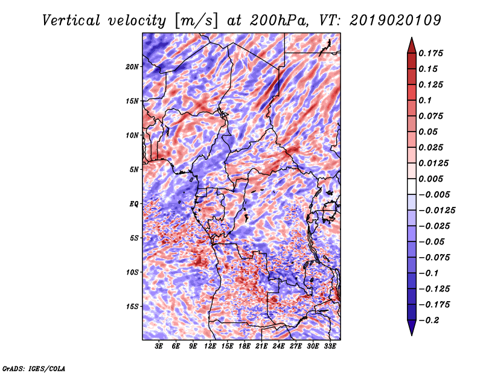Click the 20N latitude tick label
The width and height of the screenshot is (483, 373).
pyautogui.click(x=132, y=66)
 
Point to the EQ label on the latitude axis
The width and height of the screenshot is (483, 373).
pyautogui.click(x=134, y=203)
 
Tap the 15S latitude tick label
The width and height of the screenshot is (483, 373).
pyautogui.click(x=132, y=307)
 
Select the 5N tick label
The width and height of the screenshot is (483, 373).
pyautogui.click(x=134, y=170)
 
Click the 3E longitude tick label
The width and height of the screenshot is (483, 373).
pyautogui.click(x=159, y=346)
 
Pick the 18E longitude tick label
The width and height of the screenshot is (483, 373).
pyautogui.click(x=245, y=346)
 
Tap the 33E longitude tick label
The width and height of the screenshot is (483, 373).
pyautogui.click(x=330, y=346)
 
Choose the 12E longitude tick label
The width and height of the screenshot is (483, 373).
pyautogui.click(x=210, y=346)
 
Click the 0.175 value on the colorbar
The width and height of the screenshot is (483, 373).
pyautogui.click(x=430, y=53)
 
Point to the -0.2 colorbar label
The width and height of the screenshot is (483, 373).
pyautogui.click(x=429, y=320)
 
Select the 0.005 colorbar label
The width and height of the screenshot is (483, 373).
pyautogui.click(x=430, y=179)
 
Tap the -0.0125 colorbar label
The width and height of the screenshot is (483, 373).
pyautogui.click(x=437, y=211)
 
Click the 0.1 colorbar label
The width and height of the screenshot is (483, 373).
pyautogui.click(x=425, y=100)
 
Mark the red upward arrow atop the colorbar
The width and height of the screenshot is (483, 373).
pyautogui.click(x=412, y=45)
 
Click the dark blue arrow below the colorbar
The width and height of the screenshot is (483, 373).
pyautogui.click(x=412, y=328)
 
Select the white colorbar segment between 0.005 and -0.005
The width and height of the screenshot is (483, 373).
pyautogui.click(x=412, y=186)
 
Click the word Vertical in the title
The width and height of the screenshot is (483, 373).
pyautogui.click(x=71, y=21)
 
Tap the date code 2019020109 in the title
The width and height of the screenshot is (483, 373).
pyautogui.click(x=395, y=21)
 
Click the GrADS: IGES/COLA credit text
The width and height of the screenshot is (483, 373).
pyautogui.click(x=34, y=368)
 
